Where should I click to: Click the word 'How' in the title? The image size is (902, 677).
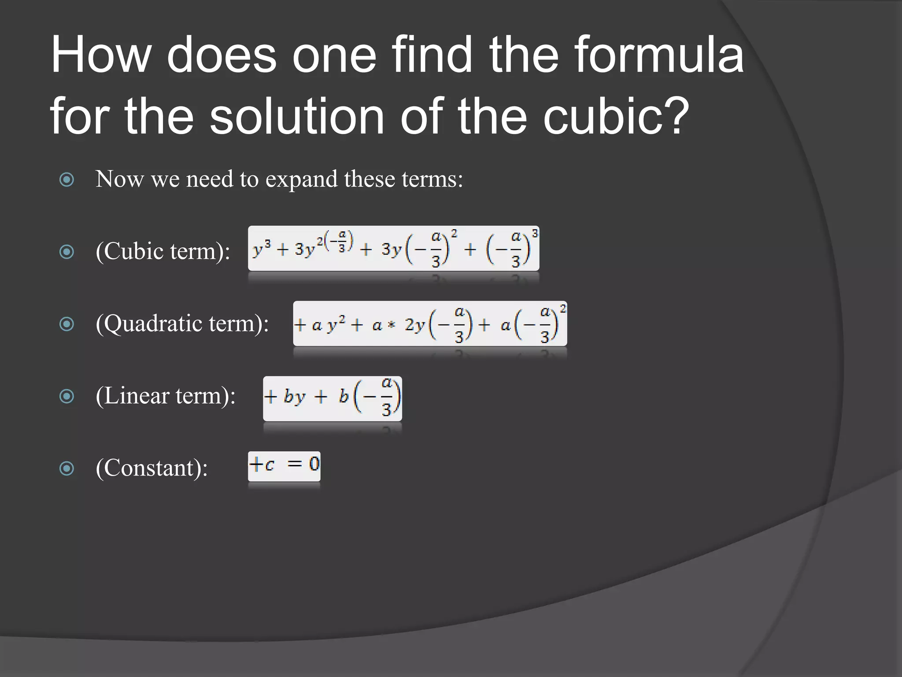click(x=101, y=55)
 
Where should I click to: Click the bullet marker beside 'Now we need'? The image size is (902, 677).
click(x=67, y=179)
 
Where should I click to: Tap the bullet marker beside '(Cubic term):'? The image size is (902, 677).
click(x=67, y=252)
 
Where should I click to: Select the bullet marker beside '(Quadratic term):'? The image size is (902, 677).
click(x=67, y=324)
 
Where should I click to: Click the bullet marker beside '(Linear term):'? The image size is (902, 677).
click(x=67, y=396)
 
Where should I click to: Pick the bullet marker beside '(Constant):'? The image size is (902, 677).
click(x=67, y=468)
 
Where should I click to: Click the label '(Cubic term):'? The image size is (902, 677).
click(x=163, y=252)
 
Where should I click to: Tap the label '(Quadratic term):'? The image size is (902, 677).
click(x=182, y=324)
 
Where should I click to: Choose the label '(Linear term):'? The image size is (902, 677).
click(x=166, y=396)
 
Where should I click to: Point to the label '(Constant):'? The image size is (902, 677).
click(x=152, y=468)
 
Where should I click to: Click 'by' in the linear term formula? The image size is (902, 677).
click(x=294, y=397)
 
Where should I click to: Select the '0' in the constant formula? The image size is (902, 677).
click(x=314, y=464)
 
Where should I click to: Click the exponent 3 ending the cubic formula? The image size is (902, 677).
click(x=535, y=233)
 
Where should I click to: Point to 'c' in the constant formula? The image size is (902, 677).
click(x=270, y=465)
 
